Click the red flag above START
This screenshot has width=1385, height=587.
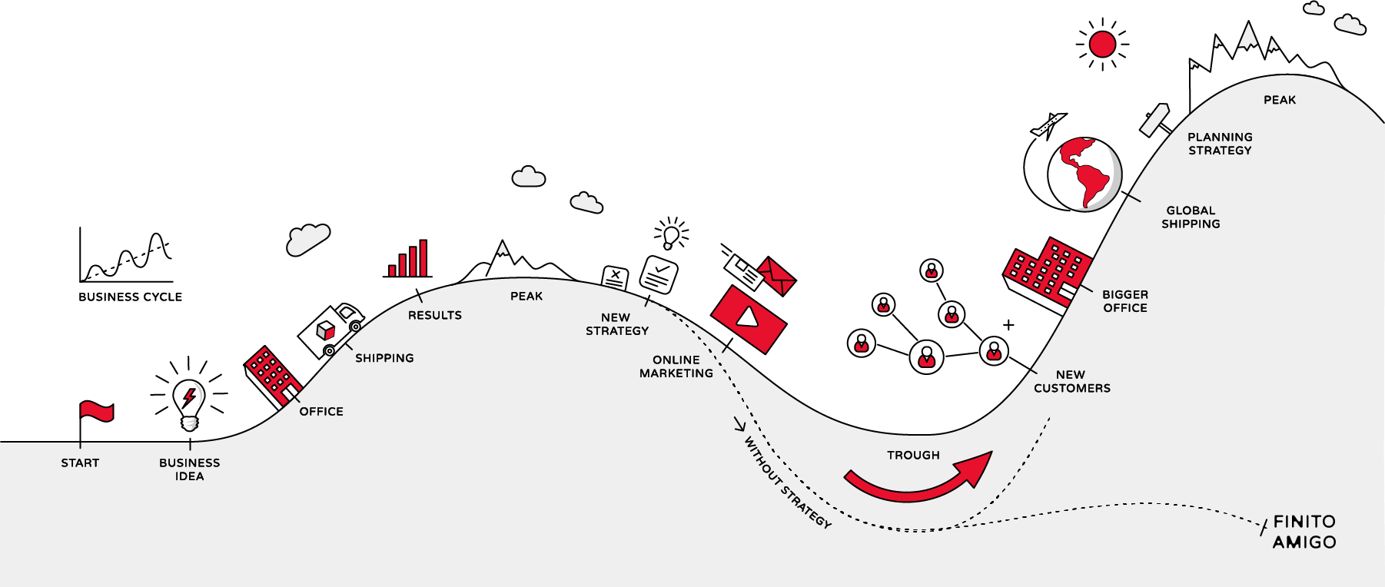(x=97, y=412)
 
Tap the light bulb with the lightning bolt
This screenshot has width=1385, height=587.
(x=189, y=403)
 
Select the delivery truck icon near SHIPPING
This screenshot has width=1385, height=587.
(x=331, y=330)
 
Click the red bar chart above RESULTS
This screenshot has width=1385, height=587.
(x=409, y=260)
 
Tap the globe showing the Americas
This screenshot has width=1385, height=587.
(x=1084, y=174)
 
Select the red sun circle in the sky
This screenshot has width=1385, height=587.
(x=1102, y=45)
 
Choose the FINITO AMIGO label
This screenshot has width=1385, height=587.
(x=1304, y=532)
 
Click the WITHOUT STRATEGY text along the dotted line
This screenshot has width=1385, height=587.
(x=787, y=483)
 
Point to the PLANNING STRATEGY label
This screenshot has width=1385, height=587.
(x=1220, y=144)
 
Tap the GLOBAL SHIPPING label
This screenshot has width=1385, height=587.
(x=1191, y=217)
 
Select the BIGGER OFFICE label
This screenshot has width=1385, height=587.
(x=1125, y=301)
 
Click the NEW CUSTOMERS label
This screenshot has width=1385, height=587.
(x=1071, y=382)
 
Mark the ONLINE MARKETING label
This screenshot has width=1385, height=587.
(x=676, y=366)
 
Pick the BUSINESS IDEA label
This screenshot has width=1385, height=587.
(x=189, y=469)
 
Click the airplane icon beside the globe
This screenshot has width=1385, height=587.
(x=1048, y=124)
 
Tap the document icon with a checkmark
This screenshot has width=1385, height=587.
(x=659, y=274)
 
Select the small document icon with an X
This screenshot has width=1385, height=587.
(x=615, y=277)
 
